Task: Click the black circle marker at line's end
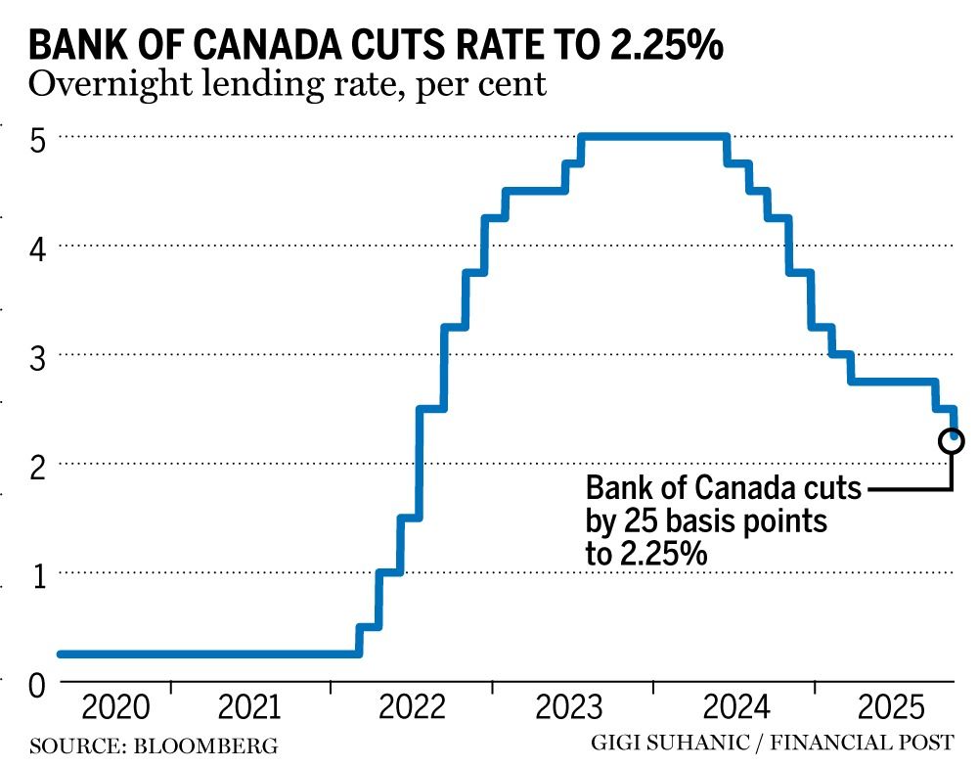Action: point(951,441)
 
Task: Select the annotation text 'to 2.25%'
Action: point(645,554)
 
